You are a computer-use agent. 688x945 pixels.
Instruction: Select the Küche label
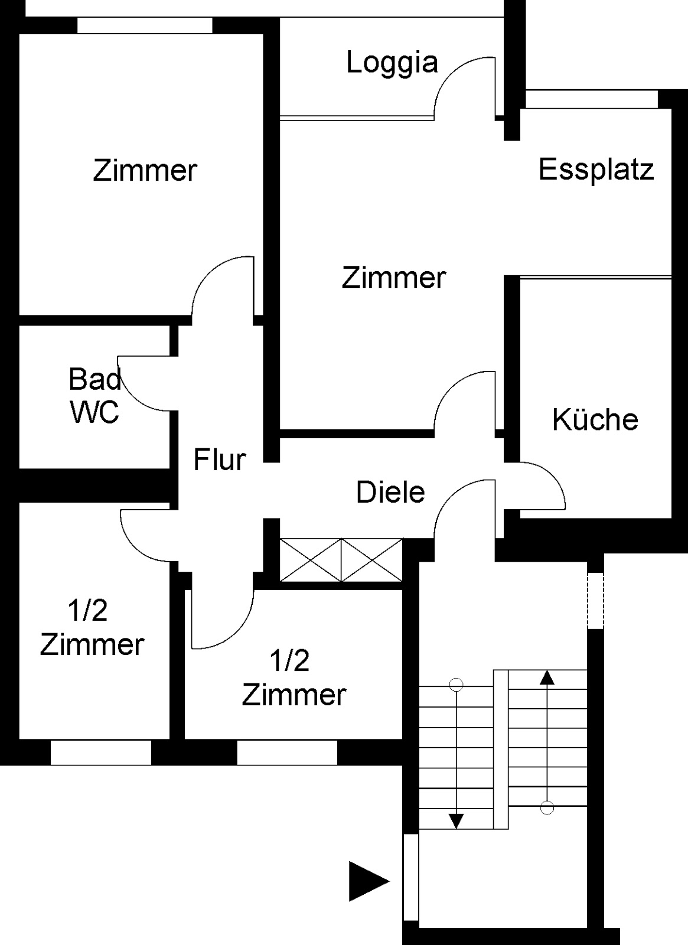(x=595, y=419)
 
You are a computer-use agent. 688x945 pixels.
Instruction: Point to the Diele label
(x=390, y=493)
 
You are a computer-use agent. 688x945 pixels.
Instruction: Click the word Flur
(x=219, y=460)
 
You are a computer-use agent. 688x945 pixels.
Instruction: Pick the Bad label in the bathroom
(x=95, y=379)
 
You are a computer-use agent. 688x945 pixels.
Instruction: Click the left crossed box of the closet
(x=311, y=560)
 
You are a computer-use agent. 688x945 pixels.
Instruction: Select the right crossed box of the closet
(x=371, y=560)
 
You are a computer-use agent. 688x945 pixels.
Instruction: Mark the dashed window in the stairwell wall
(x=596, y=600)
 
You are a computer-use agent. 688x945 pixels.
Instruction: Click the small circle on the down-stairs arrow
(x=456, y=685)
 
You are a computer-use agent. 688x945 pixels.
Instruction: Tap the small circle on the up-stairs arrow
(x=547, y=808)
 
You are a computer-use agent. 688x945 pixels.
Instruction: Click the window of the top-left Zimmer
(x=145, y=25)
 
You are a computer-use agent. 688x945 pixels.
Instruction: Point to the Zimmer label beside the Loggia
(x=393, y=278)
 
